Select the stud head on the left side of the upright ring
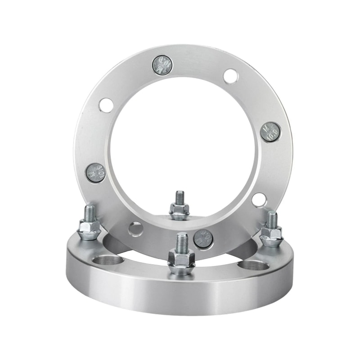coord(95,173)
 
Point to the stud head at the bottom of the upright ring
coord(203,238)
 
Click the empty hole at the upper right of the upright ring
coord(230,76)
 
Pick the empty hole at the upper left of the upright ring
coord(106,105)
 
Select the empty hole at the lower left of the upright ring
coord(135,229)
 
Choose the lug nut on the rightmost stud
coord(271,235)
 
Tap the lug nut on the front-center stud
coord(181,260)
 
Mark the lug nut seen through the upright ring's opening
coord(180,211)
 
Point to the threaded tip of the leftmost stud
coord(90,212)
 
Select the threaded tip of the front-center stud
coord(181,241)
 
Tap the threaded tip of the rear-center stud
coord(180,196)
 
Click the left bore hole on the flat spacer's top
coord(108,261)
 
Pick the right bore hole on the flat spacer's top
coord(253,265)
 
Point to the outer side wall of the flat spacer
coord(180,292)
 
